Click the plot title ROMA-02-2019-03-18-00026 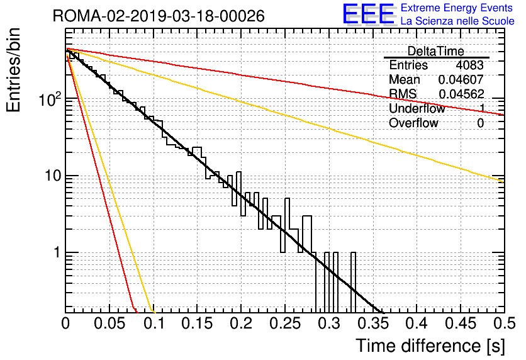pyautogui.click(x=159, y=16)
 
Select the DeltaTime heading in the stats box pyautogui.click(x=436, y=51)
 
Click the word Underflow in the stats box pyautogui.click(x=417, y=109)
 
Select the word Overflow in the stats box pyautogui.click(x=413, y=123)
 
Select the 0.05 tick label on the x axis pyautogui.click(x=109, y=323)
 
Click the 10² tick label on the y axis pyautogui.click(x=49, y=100)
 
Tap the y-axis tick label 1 pyautogui.click(x=56, y=253)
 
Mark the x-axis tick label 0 pyautogui.click(x=66, y=323)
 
